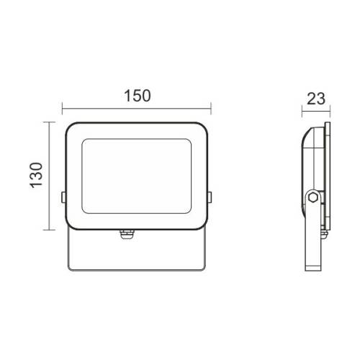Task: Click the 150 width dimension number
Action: coord(137,96)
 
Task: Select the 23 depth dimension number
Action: coord(315,99)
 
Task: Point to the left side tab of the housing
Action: coord(63,196)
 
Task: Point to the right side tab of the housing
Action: coord(210,196)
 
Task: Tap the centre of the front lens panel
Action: coord(137,176)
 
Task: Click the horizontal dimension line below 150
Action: coord(137,110)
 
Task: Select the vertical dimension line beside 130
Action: coord(48,176)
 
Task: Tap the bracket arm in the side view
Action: coord(315,238)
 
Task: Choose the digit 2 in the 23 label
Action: coord(309,99)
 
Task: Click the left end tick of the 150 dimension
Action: coord(63,110)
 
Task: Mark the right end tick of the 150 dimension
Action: coord(210,110)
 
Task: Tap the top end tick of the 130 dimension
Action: coord(48,122)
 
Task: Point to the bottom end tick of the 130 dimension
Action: coord(48,230)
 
